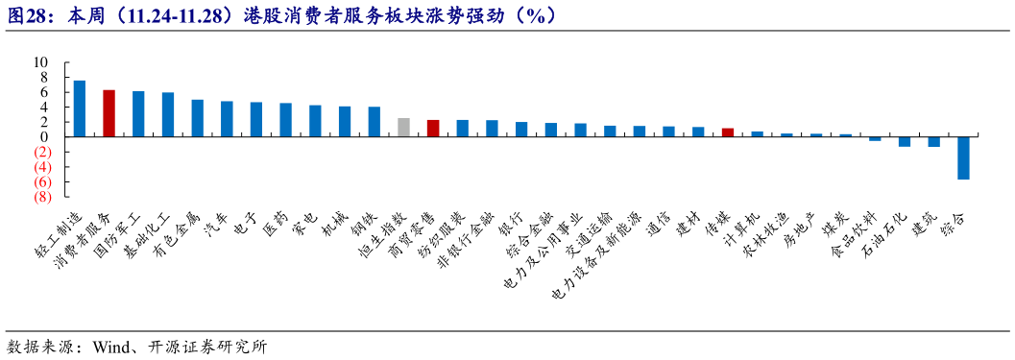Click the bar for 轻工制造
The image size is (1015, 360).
[80, 108]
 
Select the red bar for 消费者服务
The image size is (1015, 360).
[109, 113]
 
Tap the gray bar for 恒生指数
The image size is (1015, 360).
[403, 128]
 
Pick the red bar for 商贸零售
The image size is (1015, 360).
[433, 129]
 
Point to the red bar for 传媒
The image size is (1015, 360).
[728, 132]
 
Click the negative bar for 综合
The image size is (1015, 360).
[963, 157]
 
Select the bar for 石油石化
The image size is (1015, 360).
[904, 141]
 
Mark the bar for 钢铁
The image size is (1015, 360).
[375, 122]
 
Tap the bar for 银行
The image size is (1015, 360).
[521, 130]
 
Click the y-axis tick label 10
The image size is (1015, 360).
[42, 62]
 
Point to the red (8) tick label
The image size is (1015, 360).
[41, 197]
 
